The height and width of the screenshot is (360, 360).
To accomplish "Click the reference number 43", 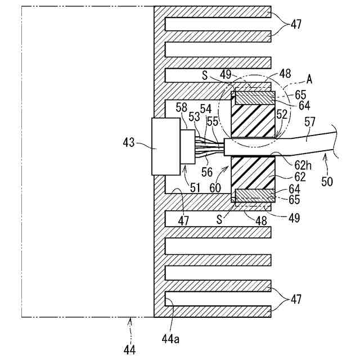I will coord(128,143).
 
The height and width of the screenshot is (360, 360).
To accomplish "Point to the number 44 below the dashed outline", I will coord(129,350).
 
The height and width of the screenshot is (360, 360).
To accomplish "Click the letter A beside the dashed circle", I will coord(309,80).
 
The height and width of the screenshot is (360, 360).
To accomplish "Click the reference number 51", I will coord(196,188).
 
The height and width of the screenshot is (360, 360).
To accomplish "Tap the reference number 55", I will coord(212,120).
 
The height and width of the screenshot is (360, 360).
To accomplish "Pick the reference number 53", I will coord(194,117).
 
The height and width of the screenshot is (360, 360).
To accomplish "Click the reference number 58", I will coord(182,107).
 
